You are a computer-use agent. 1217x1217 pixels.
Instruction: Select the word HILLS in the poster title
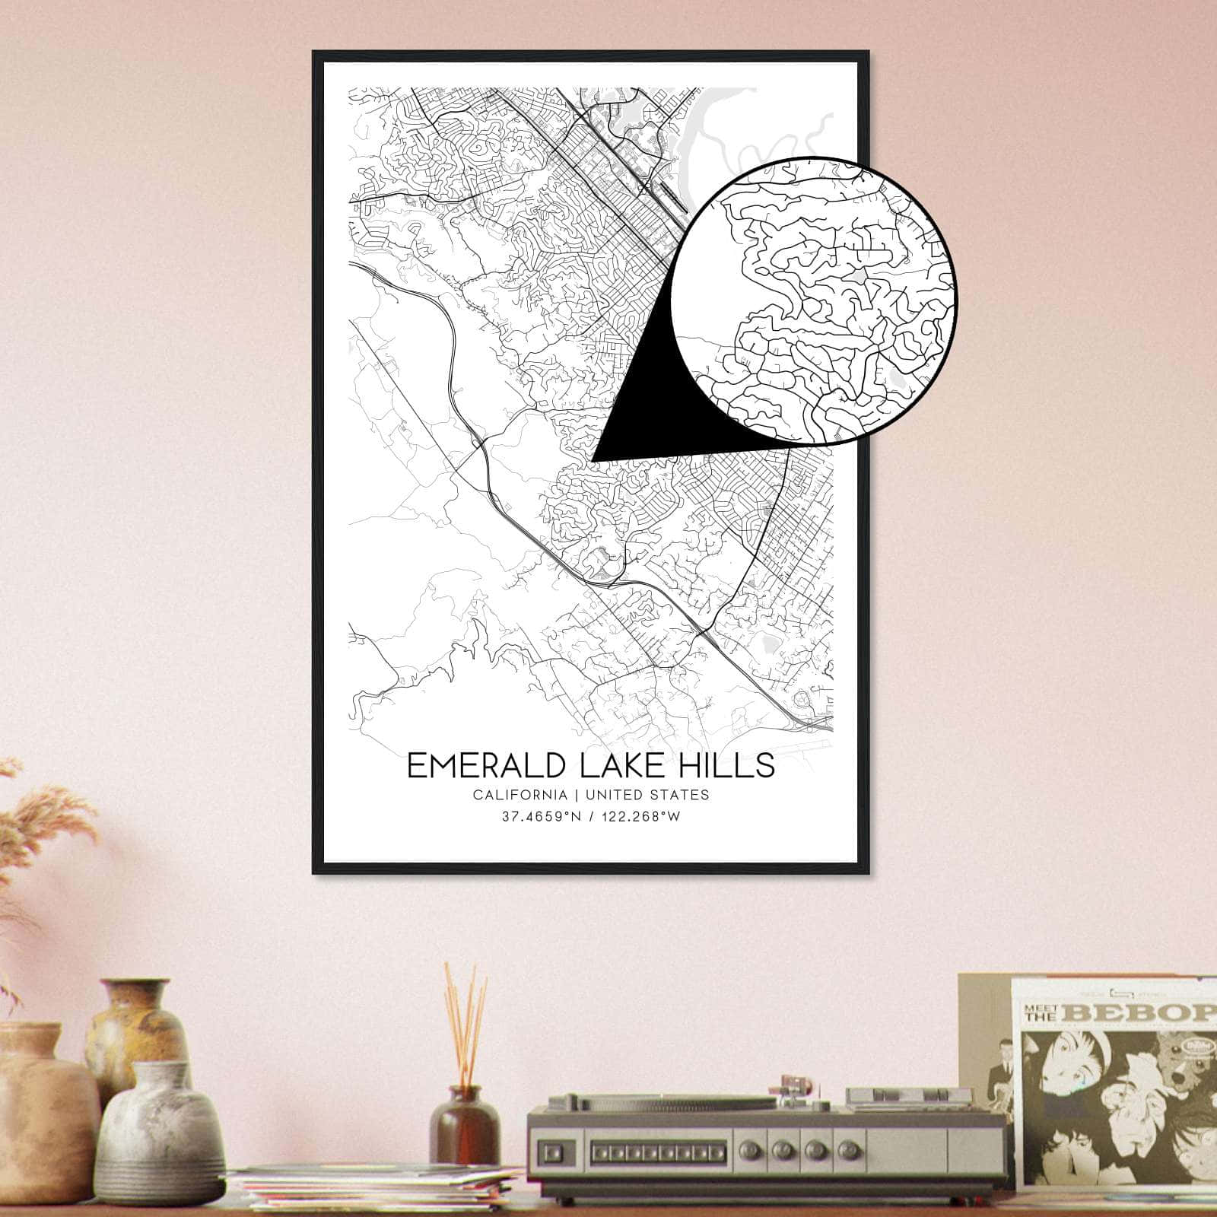[732, 766]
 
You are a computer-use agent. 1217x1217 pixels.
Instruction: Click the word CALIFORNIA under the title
[520, 795]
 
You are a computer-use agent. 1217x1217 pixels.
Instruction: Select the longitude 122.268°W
[640, 818]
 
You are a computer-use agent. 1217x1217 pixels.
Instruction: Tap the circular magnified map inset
[814, 300]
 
